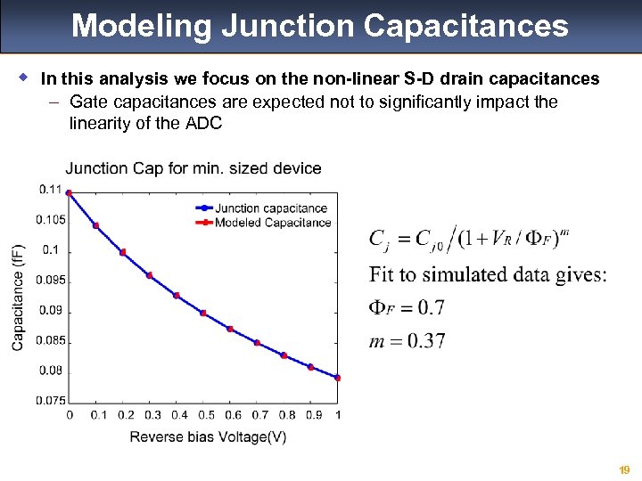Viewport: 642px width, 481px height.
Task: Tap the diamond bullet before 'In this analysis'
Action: click(21, 78)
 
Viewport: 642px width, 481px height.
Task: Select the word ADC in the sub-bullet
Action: click(203, 123)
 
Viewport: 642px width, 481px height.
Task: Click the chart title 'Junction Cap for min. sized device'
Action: click(193, 168)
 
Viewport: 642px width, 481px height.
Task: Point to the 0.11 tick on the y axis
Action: click(51, 189)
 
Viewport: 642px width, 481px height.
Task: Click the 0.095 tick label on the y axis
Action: click(49, 281)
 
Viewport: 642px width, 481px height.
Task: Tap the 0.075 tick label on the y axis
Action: click(49, 401)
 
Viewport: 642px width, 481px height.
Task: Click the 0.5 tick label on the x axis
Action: click(204, 415)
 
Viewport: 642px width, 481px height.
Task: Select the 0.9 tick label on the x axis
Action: click(311, 415)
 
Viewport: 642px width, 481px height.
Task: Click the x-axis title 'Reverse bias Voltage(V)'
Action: click(208, 436)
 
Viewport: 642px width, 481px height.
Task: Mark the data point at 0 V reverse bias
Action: click(70, 193)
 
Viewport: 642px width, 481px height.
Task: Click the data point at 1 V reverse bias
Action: click(337, 378)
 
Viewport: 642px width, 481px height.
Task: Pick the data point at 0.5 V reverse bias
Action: click(203, 313)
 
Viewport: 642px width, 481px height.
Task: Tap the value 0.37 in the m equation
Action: click(425, 341)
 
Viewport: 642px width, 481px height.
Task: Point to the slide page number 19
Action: click(625, 469)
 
